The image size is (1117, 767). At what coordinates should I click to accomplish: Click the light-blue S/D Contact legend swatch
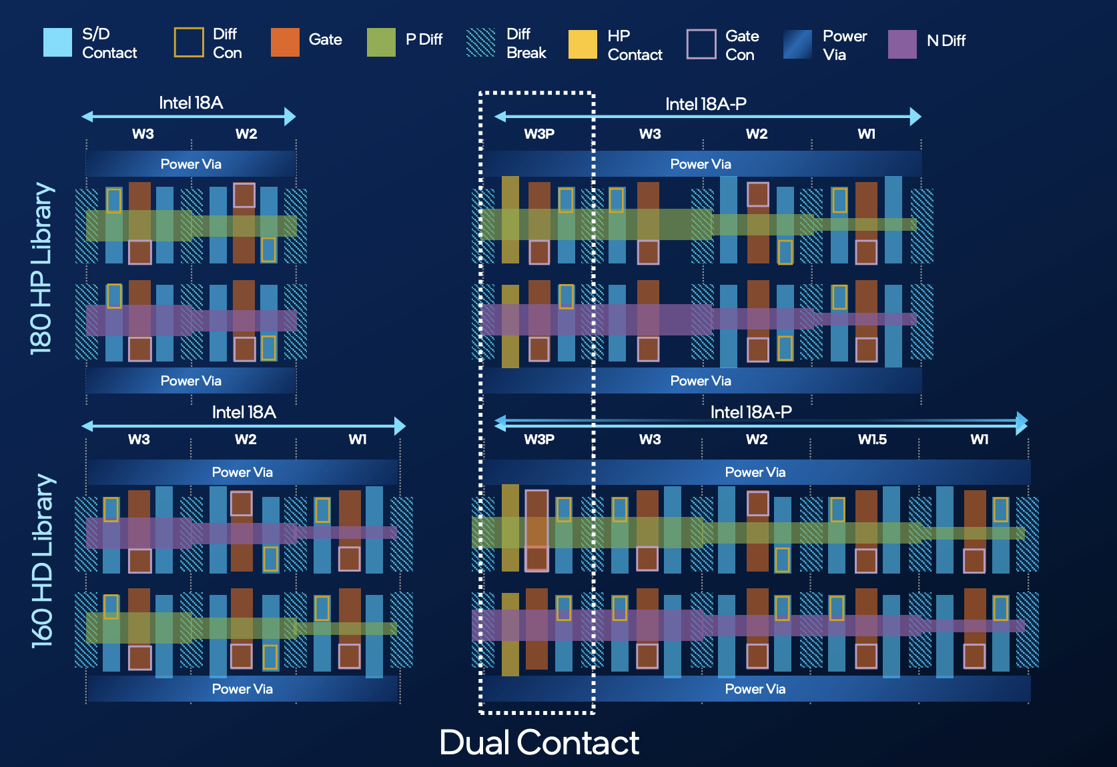point(57,43)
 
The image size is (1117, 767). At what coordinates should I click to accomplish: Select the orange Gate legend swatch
point(285,43)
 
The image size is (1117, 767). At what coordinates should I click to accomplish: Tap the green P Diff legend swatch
point(381,43)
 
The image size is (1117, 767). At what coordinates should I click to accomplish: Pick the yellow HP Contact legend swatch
point(583,44)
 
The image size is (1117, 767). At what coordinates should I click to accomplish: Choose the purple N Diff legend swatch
point(902,44)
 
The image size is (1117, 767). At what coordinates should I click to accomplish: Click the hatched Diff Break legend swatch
point(480,43)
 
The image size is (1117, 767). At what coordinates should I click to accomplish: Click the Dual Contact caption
point(539,742)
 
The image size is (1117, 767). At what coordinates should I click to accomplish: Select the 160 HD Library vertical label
point(42,561)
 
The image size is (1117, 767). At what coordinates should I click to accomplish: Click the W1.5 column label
point(872,439)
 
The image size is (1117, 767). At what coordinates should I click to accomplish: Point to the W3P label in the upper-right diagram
point(539,133)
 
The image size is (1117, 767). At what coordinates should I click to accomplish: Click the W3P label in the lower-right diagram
point(539,439)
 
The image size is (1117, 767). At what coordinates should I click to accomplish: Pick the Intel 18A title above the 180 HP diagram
point(191,103)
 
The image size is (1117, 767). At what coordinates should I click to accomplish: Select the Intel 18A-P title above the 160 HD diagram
point(751,412)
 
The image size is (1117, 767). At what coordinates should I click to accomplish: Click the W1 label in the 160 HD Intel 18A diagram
point(358,439)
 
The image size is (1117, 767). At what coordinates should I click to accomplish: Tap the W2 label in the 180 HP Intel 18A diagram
point(246,133)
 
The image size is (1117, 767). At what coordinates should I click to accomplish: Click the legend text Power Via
point(845,45)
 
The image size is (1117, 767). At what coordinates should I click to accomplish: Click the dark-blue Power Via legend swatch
point(798,44)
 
